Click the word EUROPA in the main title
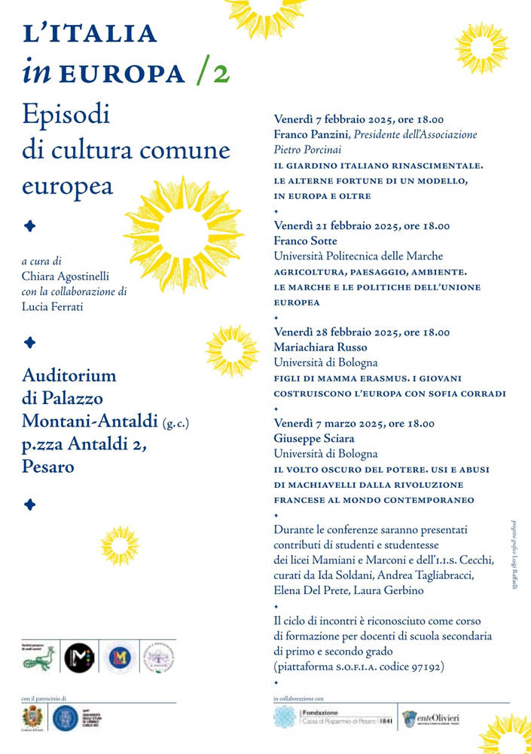click(122, 74)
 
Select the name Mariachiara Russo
click(321, 347)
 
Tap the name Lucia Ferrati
click(51, 305)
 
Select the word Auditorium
click(69, 375)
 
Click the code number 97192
click(426, 666)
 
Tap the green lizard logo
click(39, 658)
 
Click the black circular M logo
click(78, 657)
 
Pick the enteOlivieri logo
click(430, 718)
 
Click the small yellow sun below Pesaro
click(121, 544)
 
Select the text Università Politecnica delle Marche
click(358, 256)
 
